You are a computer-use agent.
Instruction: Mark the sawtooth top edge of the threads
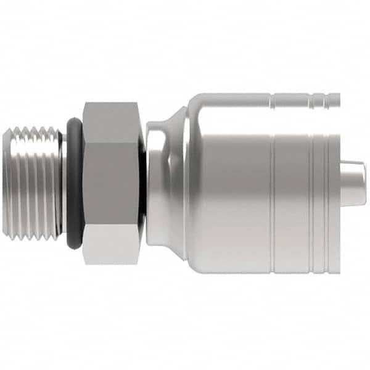31,130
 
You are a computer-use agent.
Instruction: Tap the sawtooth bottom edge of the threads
31,237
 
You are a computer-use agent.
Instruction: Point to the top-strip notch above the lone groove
272,99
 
